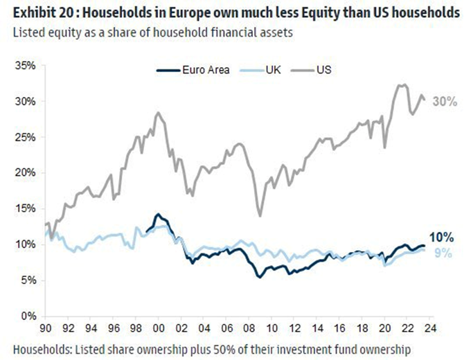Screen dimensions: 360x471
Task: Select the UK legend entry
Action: pyautogui.click(x=273, y=71)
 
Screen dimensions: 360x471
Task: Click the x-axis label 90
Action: pyautogui.click(x=47, y=327)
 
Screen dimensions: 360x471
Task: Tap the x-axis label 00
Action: pyautogui.click(x=159, y=327)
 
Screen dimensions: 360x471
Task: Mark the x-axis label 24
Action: pyautogui.click(x=430, y=327)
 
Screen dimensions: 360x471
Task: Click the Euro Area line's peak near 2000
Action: pyautogui.click(x=158, y=214)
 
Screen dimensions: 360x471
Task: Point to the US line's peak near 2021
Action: pyautogui.click(x=401, y=85)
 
